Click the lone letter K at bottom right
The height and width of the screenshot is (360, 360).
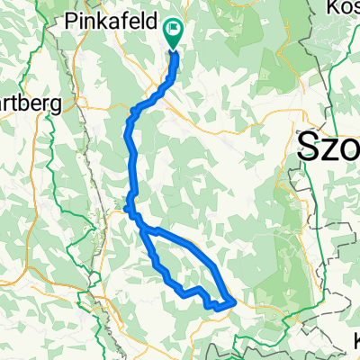click(x=355, y=340)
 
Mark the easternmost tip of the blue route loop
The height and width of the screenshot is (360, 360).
click(x=236, y=301)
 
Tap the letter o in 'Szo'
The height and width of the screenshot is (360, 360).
click(x=351, y=148)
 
